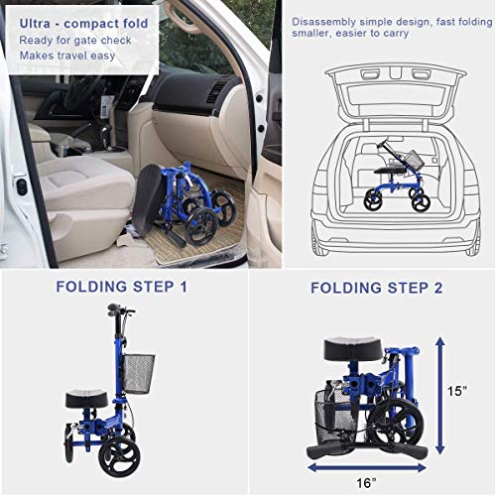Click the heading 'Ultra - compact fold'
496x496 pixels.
(x=79, y=21)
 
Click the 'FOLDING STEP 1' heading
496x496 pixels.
(x=122, y=288)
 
